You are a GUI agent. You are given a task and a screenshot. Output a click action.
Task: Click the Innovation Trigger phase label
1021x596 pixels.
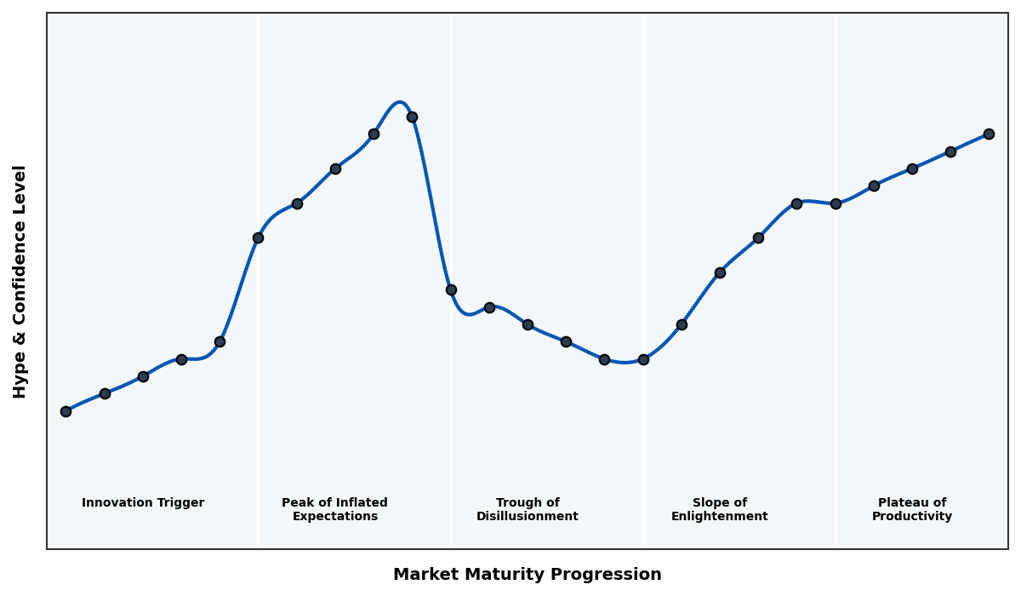143,503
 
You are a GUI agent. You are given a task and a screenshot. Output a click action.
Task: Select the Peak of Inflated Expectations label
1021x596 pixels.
334,509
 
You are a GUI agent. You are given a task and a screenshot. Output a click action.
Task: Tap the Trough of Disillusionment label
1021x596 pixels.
527,509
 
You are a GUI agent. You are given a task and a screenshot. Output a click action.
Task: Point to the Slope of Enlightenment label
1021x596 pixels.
719,509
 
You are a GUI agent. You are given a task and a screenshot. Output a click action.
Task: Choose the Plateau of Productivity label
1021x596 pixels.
911,509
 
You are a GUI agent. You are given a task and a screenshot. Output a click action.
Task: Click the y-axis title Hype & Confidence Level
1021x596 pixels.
20,281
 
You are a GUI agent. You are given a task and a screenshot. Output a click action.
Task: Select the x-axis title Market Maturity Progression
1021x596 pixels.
527,575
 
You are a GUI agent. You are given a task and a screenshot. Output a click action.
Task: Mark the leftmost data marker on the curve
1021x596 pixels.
66,411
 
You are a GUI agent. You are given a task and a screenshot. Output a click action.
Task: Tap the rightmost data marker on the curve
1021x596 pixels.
989,134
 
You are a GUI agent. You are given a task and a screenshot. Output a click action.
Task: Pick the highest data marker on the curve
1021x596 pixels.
412,117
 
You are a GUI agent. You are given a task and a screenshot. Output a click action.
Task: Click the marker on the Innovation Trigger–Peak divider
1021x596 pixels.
258,238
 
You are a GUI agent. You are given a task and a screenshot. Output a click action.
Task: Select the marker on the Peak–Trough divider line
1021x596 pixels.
451,289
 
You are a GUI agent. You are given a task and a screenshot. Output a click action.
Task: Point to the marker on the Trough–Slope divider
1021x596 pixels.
643,359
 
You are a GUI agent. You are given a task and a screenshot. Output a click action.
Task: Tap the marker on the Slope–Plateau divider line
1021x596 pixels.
836,203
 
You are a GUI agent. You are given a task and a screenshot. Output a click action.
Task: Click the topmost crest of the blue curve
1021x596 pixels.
399,102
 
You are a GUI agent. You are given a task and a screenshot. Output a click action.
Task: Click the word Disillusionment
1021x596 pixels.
527,517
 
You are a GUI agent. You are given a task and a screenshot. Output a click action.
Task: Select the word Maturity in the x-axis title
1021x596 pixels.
520,575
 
